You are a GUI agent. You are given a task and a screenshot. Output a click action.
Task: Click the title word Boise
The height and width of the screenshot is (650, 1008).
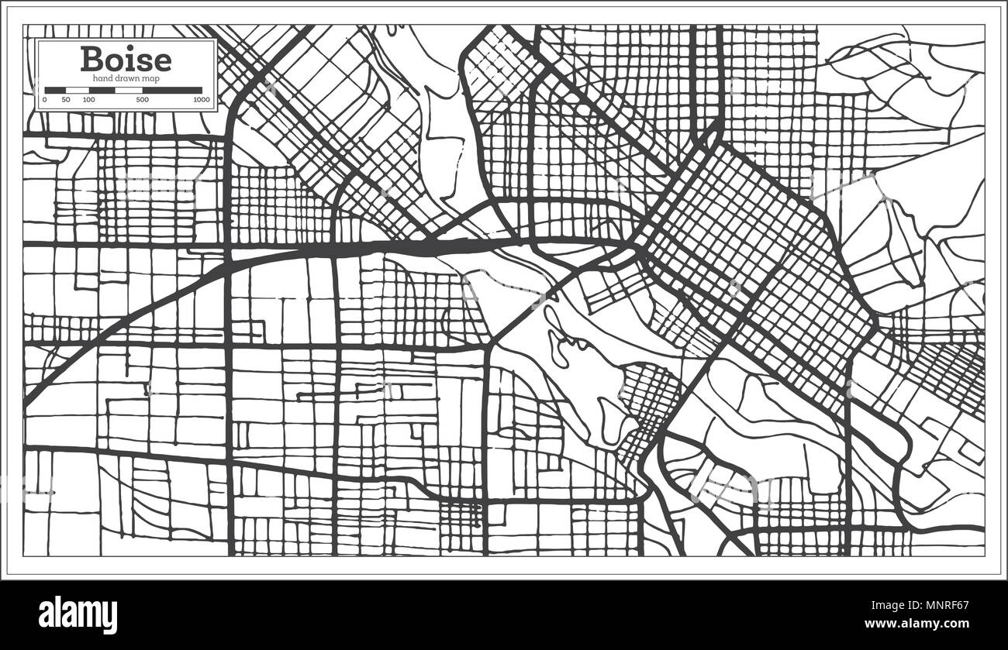tap(126, 59)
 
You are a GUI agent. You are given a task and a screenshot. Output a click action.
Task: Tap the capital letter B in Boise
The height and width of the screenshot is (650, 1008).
tap(92, 60)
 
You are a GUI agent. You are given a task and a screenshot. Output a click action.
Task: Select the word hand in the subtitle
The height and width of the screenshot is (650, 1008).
tap(102, 78)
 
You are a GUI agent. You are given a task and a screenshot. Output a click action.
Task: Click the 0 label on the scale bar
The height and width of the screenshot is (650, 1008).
tap(45, 100)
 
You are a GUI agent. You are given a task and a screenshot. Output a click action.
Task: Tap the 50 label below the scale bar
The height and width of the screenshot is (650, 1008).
tap(66, 100)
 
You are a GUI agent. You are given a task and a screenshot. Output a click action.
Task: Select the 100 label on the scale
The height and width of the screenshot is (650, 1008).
tap(88, 100)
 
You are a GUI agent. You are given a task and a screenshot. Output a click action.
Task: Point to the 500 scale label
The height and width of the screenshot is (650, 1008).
tap(143, 100)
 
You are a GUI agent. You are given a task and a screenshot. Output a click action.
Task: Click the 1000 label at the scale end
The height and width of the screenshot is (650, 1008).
tap(202, 100)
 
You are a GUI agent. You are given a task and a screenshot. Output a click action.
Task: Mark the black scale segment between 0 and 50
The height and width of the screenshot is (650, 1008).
tap(55, 90)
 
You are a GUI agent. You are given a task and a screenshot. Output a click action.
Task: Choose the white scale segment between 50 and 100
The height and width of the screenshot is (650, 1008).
tap(77, 90)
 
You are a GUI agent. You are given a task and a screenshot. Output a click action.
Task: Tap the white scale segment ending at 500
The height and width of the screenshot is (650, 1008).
tap(129, 90)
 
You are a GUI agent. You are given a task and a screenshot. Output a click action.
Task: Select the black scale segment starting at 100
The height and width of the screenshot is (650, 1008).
tap(102, 90)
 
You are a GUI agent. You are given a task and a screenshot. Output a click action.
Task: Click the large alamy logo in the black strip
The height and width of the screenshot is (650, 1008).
tap(78, 614)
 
